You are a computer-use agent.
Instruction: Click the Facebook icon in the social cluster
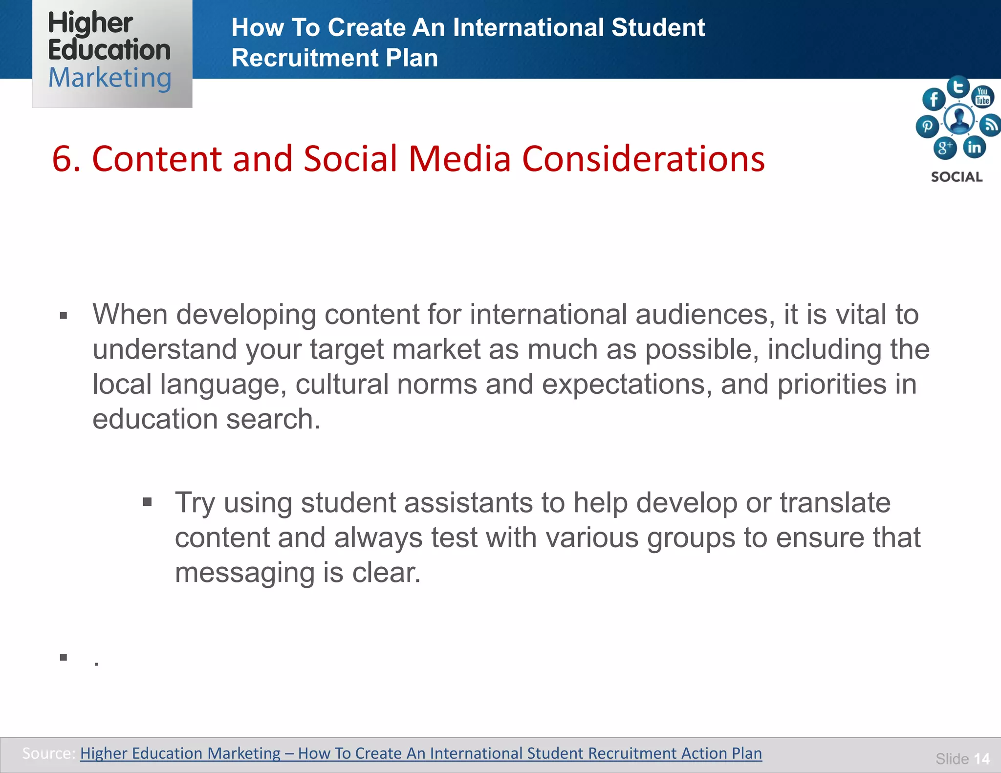point(934,100)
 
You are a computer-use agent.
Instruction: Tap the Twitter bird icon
point(958,87)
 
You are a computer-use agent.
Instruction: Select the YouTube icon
point(982,96)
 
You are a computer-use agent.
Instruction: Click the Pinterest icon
point(927,127)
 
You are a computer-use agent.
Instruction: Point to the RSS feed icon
point(991,125)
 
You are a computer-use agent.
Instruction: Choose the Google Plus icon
point(945,147)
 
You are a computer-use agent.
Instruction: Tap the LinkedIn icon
point(975,147)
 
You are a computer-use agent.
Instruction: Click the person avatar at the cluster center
point(959,119)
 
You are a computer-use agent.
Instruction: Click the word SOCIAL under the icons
point(957,177)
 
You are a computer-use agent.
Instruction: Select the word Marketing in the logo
point(109,78)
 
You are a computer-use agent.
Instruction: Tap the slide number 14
point(981,758)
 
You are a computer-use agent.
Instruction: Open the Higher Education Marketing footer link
point(421,753)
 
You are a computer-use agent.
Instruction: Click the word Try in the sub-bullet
point(195,503)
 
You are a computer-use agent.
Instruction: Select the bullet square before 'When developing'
point(64,316)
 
